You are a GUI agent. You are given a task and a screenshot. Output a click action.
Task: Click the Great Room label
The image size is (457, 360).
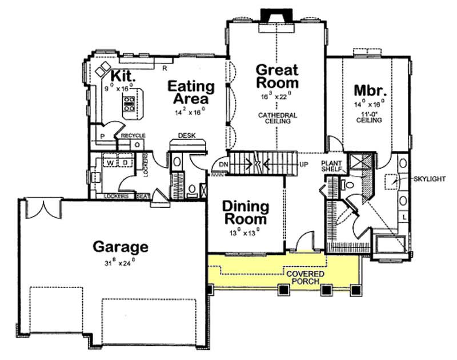(x=276, y=77)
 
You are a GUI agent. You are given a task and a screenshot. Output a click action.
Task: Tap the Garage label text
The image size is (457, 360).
(x=121, y=247)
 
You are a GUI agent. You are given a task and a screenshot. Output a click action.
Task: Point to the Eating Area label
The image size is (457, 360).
(x=191, y=93)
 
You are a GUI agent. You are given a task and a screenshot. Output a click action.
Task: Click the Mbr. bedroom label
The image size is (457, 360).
(x=371, y=91)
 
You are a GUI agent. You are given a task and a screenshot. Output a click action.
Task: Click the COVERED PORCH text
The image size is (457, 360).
(x=305, y=278)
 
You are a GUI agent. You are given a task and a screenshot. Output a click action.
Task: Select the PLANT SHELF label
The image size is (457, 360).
(x=331, y=166)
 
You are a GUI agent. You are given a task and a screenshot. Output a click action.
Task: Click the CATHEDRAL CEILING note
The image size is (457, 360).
(x=277, y=118)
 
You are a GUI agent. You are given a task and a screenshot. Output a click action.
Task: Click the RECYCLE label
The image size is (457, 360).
(x=133, y=136)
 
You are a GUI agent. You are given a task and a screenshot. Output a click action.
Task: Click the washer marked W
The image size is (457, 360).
(x=108, y=163)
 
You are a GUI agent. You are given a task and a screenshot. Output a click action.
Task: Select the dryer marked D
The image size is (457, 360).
(x=125, y=163)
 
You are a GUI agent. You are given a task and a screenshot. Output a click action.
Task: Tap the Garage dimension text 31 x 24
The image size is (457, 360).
(x=121, y=264)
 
